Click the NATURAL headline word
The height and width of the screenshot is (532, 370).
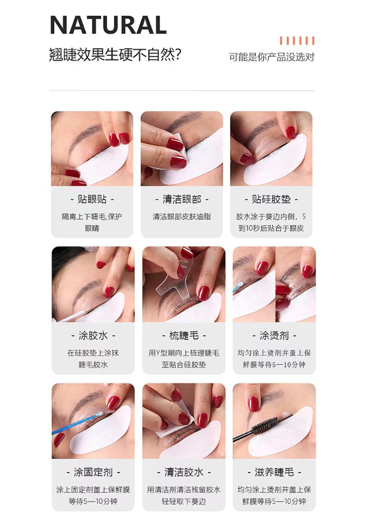pos(108,25)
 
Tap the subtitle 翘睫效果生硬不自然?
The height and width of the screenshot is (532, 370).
pos(115,55)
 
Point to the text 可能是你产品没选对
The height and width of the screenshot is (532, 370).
pos(272,57)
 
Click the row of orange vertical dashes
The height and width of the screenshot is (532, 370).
pos(297,41)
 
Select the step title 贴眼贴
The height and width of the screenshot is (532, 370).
pos(92,199)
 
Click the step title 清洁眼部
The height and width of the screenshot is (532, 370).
pos(182,199)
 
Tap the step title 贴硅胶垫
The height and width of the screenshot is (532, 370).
pos(271,199)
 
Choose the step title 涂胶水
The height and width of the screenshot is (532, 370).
pos(93,336)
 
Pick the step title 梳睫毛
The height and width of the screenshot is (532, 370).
pos(184,336)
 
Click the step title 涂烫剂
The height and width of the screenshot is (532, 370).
pos(274,336)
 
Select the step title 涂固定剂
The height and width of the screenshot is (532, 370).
pos(93,472)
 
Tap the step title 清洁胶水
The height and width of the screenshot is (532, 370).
pos(184,472)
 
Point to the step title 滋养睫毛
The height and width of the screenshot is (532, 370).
pos(274,472)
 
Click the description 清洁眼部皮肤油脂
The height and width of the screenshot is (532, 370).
pos(182,217)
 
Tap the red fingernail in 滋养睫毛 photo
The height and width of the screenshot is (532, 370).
pos(253,404)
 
